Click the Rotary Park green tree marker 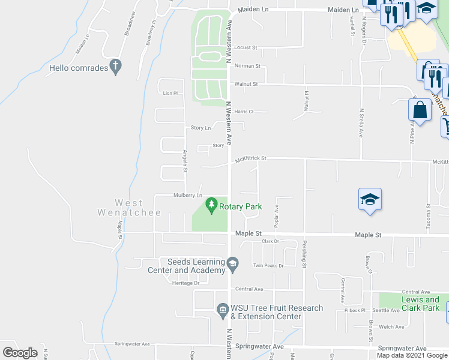click(211, 206)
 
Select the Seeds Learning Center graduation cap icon click(232, 263)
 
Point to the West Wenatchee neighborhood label click(129, 208)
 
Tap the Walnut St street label click(246, 85)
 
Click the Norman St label click(247, 66)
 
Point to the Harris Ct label click(244, 112)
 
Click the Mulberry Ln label click(188, 195)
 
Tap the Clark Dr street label click(271, 241)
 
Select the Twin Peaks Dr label click(268, 265)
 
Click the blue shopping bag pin click(420, 110)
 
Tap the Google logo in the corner click(20, 353)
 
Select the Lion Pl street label click(170, 93)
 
